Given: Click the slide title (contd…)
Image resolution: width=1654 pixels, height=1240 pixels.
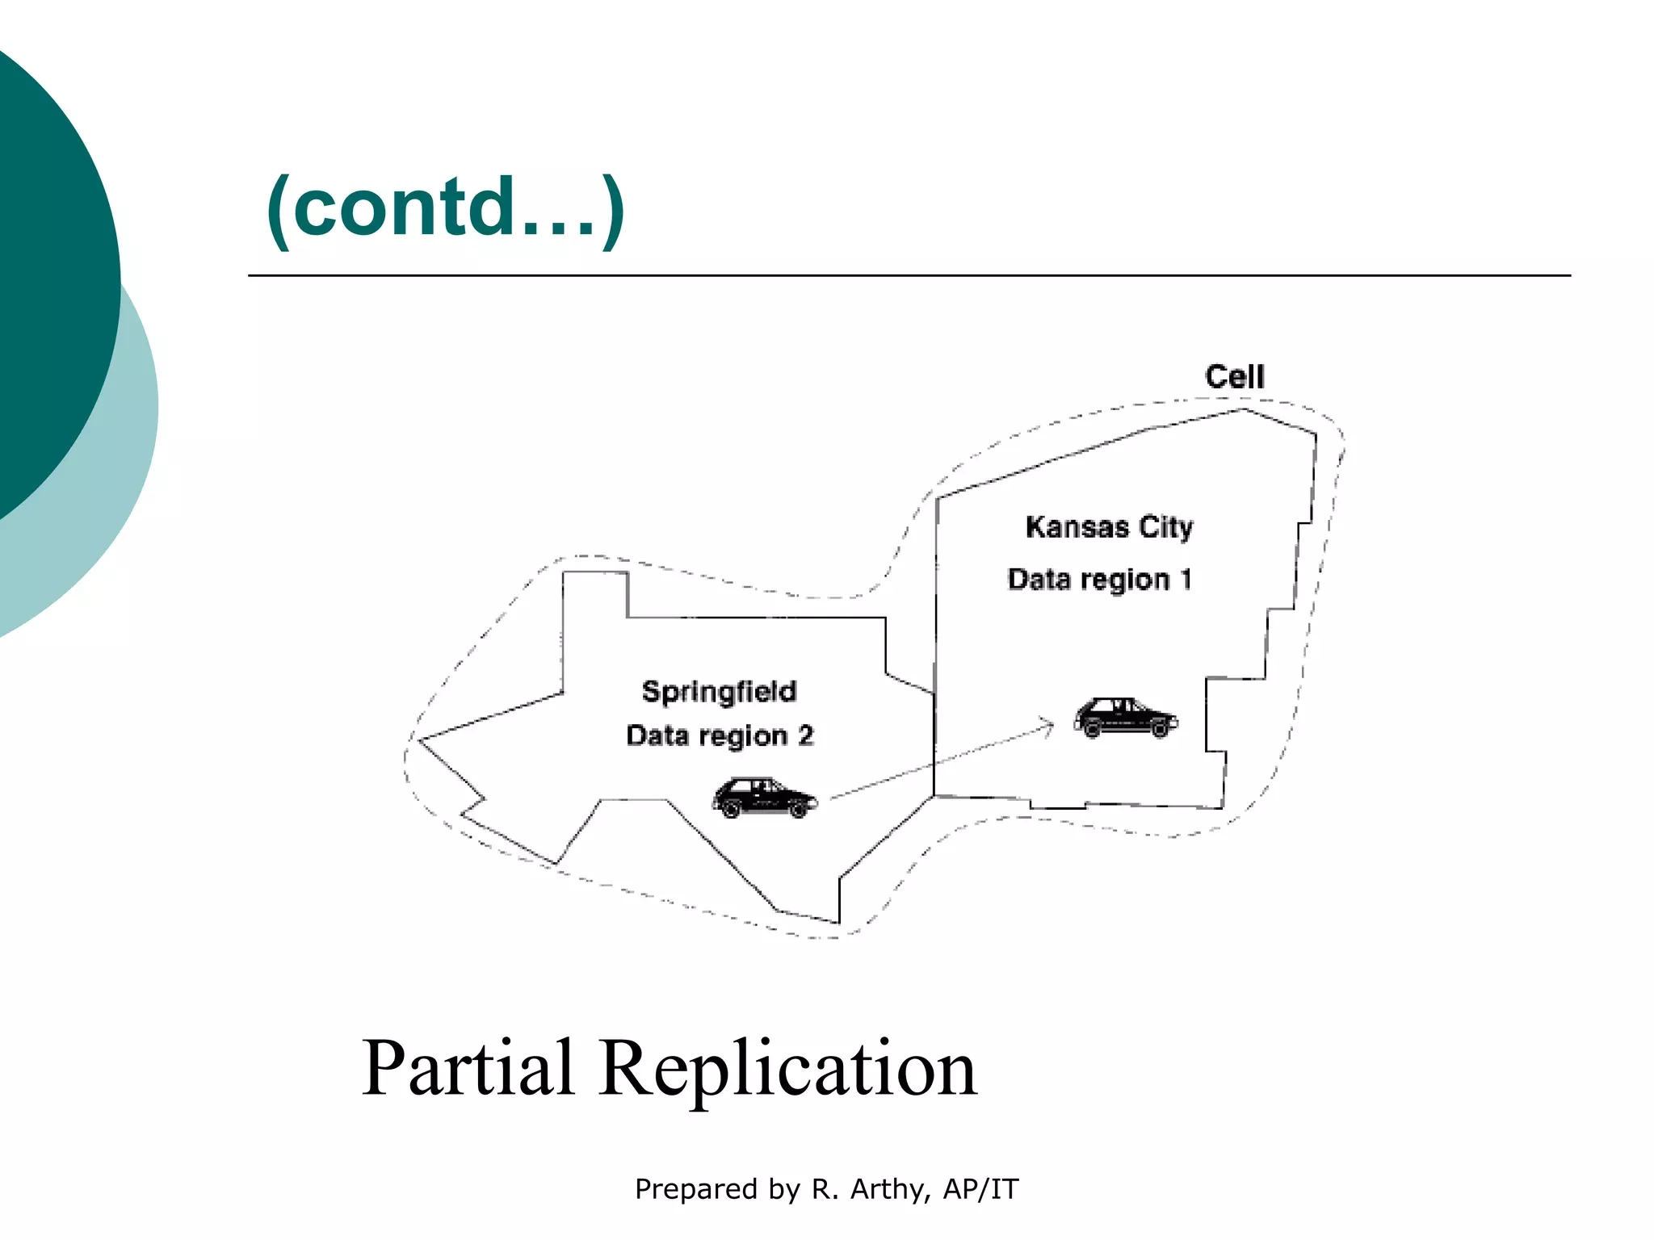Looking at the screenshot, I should click(x=445, y=208).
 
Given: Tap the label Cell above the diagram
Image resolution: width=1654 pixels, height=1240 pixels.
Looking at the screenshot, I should click(x=1234, y=377).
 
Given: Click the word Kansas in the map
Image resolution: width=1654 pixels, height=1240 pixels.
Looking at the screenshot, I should click(x=1077, y=527).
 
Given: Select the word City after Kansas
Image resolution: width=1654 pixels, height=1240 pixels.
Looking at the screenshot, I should click(x=1165, y=527).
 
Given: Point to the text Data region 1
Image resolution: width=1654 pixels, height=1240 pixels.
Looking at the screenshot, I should click(x=1099, y=580).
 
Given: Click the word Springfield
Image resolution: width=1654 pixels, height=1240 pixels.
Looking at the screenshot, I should click(x=719, y=692).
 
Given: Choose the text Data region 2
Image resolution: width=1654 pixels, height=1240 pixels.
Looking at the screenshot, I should click(x=719, y=735).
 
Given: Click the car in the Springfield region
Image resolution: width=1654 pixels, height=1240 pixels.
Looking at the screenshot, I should click(x=764, y=798).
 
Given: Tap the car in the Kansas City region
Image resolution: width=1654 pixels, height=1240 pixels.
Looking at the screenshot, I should click(x=1125, y=718).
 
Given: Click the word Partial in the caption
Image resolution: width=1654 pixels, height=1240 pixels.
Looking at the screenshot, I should click(x=468, y=1067).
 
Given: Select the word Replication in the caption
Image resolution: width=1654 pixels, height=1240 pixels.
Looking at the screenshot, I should click(x=787, y=1067).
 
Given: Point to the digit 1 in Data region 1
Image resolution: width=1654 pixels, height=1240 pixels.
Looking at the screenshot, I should click(x=1186, y=580).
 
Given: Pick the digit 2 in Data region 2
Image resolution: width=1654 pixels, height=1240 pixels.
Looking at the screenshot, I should click(x=805, y=735).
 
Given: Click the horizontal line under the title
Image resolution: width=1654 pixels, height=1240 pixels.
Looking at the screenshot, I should click(x=909, y=275).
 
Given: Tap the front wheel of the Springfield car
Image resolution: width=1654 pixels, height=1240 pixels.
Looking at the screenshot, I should click(x=798, y=809).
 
